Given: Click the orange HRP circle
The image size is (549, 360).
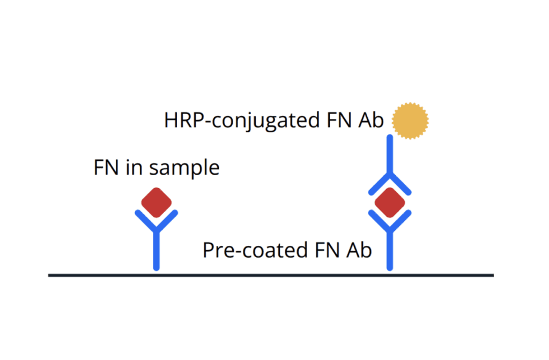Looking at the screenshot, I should pos(411,121).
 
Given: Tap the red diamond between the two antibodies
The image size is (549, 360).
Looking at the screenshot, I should pos(390,202).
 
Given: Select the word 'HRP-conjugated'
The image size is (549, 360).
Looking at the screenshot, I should pos(242,121).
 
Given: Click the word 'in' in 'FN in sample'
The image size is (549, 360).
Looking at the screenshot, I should pos(132,168).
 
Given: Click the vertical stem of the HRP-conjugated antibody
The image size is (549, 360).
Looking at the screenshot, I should pos(390,155).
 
